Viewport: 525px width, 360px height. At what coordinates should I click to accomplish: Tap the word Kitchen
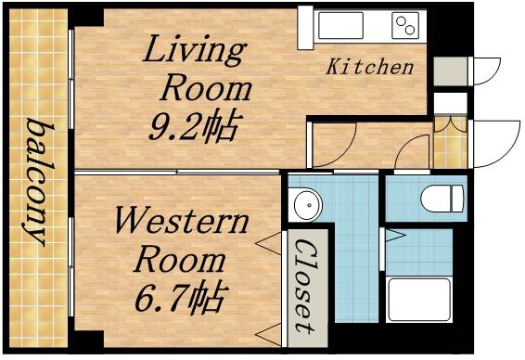click(x=369, y=67)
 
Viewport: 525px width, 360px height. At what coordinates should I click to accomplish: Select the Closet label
click(x=302, y=288)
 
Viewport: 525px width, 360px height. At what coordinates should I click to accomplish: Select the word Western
click(x=181, y=223)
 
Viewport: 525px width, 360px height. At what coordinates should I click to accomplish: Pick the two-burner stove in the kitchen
click(x=405, y=25)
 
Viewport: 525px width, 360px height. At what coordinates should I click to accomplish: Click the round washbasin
click(x=303, y=203)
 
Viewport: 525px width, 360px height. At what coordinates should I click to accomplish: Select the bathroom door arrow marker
click(x=393, y=236)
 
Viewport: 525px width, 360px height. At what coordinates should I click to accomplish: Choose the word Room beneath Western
click(x=181, y=259)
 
